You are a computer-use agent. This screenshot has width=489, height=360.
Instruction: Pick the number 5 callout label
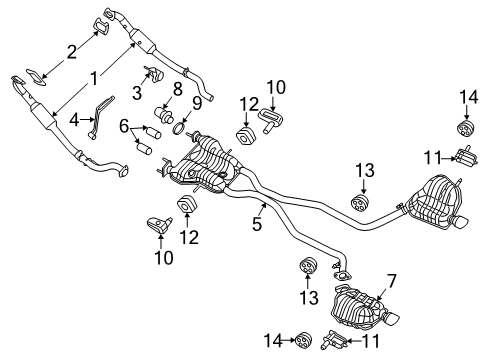click(257, 223)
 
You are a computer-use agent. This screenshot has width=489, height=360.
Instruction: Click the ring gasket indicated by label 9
click(181, 129)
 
